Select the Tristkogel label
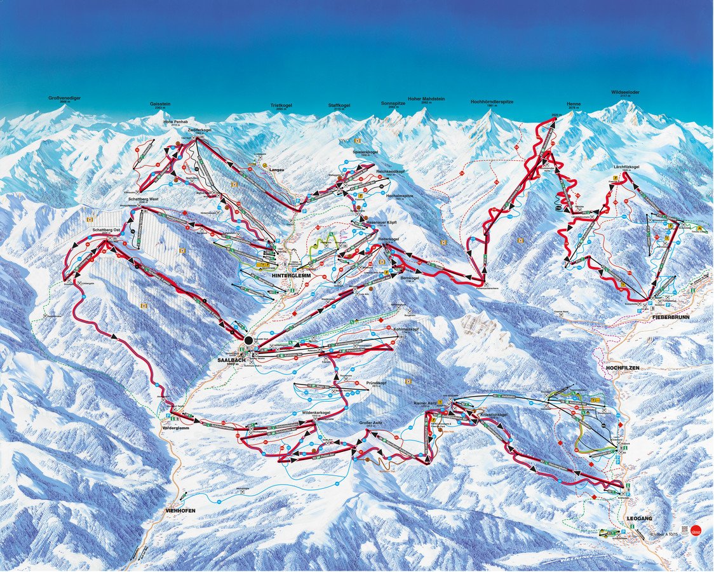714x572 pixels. point(280,106)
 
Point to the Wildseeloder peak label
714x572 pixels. point(625,92)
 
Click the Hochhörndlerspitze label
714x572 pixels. point(492,102)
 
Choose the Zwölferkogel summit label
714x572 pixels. point(199,130)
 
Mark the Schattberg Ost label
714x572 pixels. point(106,229)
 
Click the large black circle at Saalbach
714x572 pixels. point(248,340)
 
